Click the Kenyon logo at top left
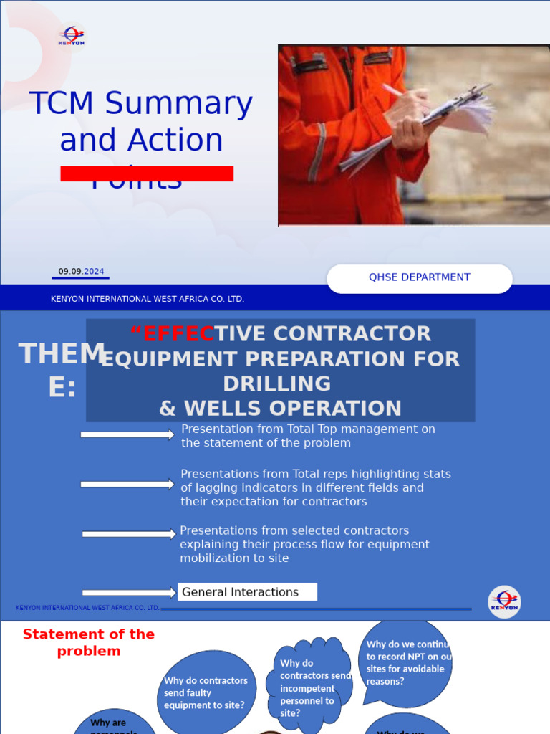coord(72,37)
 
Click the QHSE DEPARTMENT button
coord(420,278)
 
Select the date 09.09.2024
coord(81,272)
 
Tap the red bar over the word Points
coord(147,173)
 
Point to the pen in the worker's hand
coord(395,91)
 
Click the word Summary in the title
coord(178,104)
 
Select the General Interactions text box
coord(247,592)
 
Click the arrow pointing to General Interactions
coord(129,592)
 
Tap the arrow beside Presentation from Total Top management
coord(127,434)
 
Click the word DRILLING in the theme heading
coord(276,383)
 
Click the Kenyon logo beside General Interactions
coord(504,601)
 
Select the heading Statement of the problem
coord(89,642)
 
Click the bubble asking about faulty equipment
coord(206,692)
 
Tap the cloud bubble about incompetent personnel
coord(310,687)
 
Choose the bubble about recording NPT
coord(406,662)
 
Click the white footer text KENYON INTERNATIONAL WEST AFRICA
coord(148,299)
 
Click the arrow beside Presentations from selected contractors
coord(129,533)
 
